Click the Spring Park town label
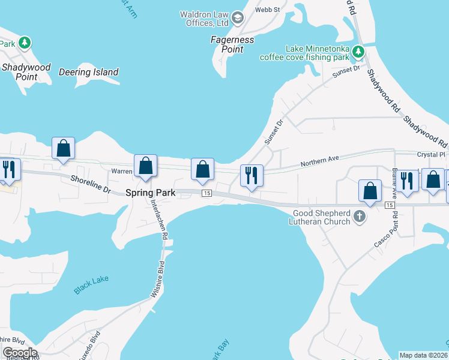tap(150, 193)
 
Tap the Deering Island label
tap(88, 73)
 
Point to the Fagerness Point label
tap(232, 44)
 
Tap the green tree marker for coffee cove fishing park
tap(358, 52)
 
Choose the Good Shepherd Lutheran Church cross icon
tap(359, 217)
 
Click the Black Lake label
tap(91, 287)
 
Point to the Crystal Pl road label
tap(432, 154)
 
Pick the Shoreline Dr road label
tap(91, 184)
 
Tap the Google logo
tap(20, 353)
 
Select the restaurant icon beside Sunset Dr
tap(251, 175)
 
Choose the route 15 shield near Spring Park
tap(206, 193)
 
